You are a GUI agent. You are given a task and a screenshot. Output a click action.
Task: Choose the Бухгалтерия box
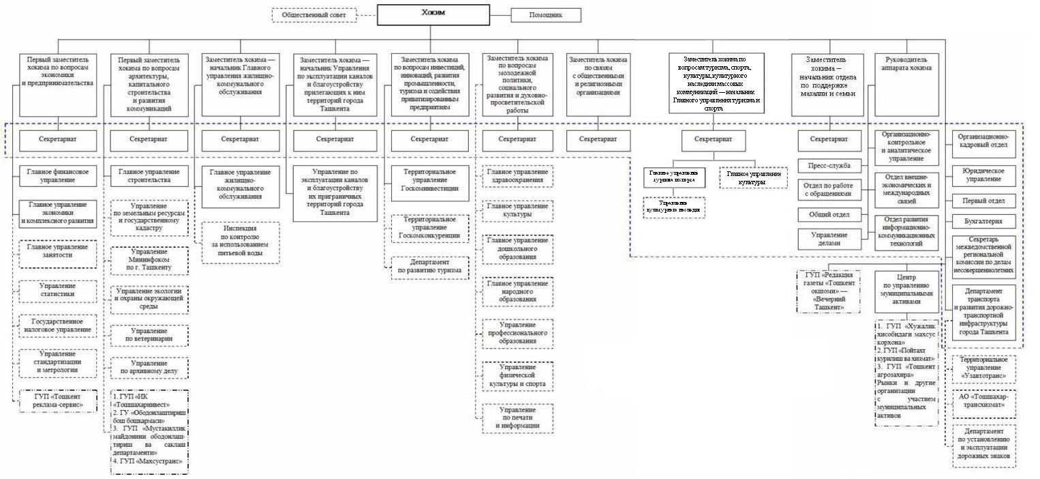(982, 222)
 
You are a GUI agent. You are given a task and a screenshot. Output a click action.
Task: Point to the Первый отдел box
(982, 201)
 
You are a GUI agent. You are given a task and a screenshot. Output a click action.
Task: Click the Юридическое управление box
(982, 174)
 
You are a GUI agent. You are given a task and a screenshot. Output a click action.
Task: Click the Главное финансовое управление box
(58, 176)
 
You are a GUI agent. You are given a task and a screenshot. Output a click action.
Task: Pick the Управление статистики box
(57, 290)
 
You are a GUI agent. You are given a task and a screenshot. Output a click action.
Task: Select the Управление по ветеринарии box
(149, 334)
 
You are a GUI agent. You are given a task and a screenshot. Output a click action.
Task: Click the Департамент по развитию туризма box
(430, 267)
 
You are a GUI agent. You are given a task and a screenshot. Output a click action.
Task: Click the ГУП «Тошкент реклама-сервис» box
(57, 401)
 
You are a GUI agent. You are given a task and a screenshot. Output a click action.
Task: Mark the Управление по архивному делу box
(149, 368)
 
